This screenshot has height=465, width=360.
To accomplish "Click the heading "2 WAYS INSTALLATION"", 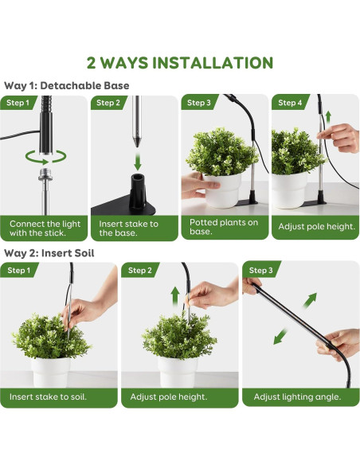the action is (180, 63).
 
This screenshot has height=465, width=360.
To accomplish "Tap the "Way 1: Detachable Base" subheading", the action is (67, 86).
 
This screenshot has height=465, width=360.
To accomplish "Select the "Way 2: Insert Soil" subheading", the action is (49, 253).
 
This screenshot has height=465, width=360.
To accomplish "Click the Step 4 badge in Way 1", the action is (290, 103).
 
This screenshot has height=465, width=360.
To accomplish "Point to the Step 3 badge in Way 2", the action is (260, 270).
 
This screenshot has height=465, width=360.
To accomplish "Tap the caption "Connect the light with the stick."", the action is (45, 228).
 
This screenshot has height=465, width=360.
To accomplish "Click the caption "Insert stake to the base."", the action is (128, 228).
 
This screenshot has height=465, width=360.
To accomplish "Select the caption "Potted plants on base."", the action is (224, 227).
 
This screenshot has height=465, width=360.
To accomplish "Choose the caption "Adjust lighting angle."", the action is (297, 397).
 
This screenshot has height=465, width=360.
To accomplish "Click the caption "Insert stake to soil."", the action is (48, 397).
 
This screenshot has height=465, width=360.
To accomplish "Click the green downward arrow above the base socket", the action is (137, 161).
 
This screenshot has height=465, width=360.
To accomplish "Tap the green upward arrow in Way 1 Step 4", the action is (328, 118).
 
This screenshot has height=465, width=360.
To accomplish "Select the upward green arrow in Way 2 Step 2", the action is (175, 297).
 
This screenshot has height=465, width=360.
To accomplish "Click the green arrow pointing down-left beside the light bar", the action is (280, 336).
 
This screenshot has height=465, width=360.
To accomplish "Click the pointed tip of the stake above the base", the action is (137, 145).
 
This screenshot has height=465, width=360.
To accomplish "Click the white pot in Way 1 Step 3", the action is (222, 190).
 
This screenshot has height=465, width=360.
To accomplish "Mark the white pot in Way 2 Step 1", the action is (51, 373).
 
